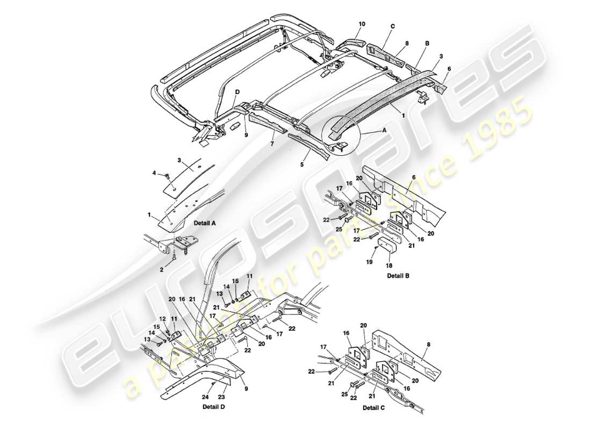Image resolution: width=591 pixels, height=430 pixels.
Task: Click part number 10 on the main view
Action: point(362,24)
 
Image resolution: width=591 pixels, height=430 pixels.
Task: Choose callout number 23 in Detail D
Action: point(222,398)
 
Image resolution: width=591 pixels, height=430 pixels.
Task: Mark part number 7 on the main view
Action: point(272,144)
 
